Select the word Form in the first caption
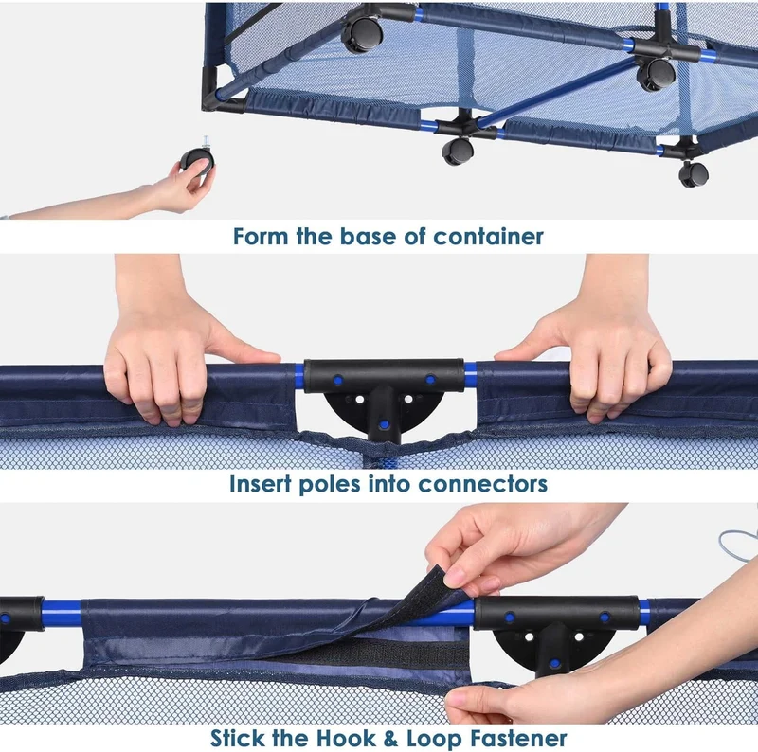(x=262, y=237)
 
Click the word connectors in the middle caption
(x=482, y=484)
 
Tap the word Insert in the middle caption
(x=260, y=484)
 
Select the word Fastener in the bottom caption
(x=518, y=739)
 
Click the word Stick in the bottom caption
(x=238, y=739)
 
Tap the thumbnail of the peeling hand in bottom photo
(x=454, y=577)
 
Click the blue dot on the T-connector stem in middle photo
(x=384, y=425)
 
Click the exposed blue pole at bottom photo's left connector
(x=62, y=613)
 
